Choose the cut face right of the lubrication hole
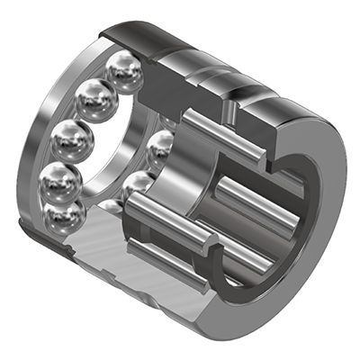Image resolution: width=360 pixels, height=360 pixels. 270,130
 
